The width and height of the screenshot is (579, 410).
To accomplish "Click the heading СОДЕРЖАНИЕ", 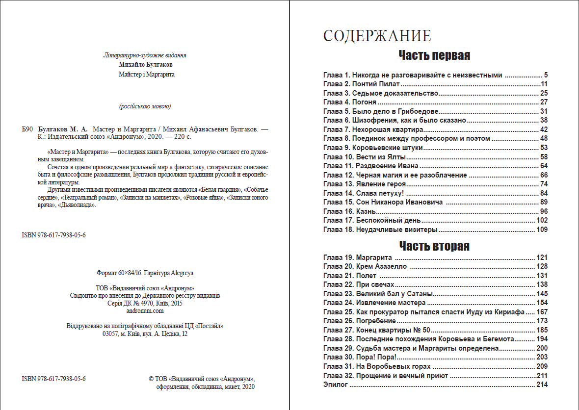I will pyautogui.click(x=377, y=36).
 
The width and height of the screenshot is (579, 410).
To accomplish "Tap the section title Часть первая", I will pyautogui.click(x=434, y=55).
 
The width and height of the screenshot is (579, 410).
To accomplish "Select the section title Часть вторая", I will pyautogui.click(x=434, y=246).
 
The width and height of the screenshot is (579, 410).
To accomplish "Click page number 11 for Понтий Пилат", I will pyautogui.click(x=544, y=84).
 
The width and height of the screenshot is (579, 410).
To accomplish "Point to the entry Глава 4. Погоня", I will pyautogui.click(x=350, y=102).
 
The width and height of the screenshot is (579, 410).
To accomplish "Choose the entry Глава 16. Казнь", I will pyautogui.click(x=350, y=211).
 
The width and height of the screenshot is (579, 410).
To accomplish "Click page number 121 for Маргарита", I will pyautogui.click(x=542, y=257).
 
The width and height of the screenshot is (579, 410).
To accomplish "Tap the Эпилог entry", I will pyautogui.click(x=336, y=385).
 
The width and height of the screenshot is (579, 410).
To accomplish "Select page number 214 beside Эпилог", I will pyautogui.click(x=542, y=385).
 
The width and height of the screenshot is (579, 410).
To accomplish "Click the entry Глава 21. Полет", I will pyautogui.click(x=350, y=276).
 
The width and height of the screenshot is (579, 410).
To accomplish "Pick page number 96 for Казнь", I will pyautogui.click(x=543, y=211).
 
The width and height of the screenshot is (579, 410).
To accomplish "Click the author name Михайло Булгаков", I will pyautogui.click(x=146, y=65).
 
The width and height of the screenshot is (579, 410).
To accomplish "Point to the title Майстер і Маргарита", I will pyautogui.click(x=146, y=75).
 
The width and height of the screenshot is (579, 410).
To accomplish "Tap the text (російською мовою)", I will pyautogui.click(x=145, y=106).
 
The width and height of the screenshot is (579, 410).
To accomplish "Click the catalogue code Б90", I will pyautogui.click(x=27, y=129).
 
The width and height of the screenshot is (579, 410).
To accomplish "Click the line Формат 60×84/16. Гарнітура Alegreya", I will pyautogui.click(x=146, y=273).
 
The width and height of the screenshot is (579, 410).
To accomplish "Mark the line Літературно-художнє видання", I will pyautogui.click(x=145, y=55).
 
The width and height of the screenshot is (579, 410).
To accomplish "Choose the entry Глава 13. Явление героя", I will pyautogui.click(x=365, y=184).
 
